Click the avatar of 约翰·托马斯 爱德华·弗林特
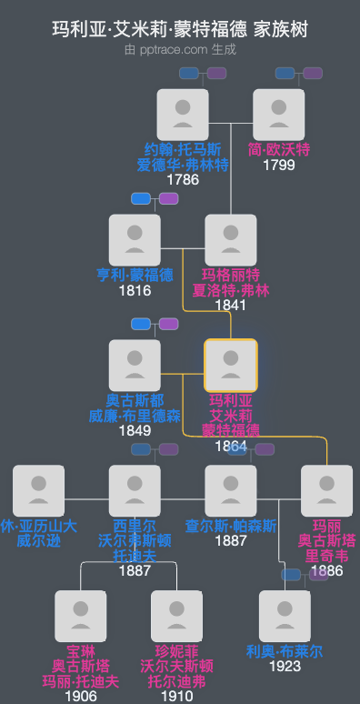click(183, 115)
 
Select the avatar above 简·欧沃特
click(279, 115)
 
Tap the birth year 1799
click(279, 166)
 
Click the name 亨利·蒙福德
click(135, 276)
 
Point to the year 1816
click(135, 291)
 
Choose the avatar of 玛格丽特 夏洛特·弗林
click(231, 240)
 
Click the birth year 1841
click(231, 306)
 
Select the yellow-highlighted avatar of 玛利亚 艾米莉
click(231, 366)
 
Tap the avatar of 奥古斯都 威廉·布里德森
click(135, 366)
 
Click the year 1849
click(135, 431)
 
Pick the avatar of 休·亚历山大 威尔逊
click(38, 491)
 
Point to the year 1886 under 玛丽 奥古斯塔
click(327, 571)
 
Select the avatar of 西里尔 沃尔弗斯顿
click(135, 491)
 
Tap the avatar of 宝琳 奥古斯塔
click(81, 617)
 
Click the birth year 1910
click(177, 697)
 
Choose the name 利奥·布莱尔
click(285, 652)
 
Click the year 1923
click(285, 667)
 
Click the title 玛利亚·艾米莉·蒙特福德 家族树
click(180, 29)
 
